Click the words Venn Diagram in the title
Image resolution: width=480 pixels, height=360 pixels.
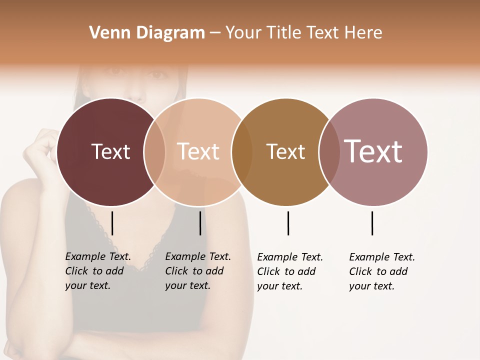click(x=147, y=32)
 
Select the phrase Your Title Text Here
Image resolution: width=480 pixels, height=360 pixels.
click(x=303, y=32)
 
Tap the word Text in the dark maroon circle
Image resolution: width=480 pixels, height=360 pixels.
click(x=110, y=151)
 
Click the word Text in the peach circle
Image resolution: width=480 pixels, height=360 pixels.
click(x=198, y=151)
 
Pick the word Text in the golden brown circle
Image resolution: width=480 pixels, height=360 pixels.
click(x=285, y=151)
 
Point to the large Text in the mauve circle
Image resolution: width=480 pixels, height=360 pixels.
click(x=373, y=151)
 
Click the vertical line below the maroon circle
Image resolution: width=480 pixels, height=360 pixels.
click(x=112, y=223)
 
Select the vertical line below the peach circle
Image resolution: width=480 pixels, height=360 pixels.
click(x=200, y=223)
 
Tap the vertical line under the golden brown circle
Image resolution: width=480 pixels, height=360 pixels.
click(x=288, y=223)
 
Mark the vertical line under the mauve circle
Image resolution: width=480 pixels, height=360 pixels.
click(x=372, y=223)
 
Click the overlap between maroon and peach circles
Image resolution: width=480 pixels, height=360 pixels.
click(x=154, y=151)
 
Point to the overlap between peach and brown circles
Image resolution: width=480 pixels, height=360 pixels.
click(x=242, y=151)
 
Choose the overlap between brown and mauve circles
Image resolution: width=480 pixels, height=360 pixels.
click(x=329, y=151)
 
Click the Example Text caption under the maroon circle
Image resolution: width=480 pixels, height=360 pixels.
click(x=98, y=271)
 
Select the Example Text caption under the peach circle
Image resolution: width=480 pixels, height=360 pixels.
click(x=198, y=271)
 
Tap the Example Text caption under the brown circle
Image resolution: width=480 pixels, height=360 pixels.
click(x=290, y=271)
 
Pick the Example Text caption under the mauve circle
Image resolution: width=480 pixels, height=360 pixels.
click(x=382, y=271)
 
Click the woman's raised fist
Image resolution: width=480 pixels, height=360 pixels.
click(x=40, y=145)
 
